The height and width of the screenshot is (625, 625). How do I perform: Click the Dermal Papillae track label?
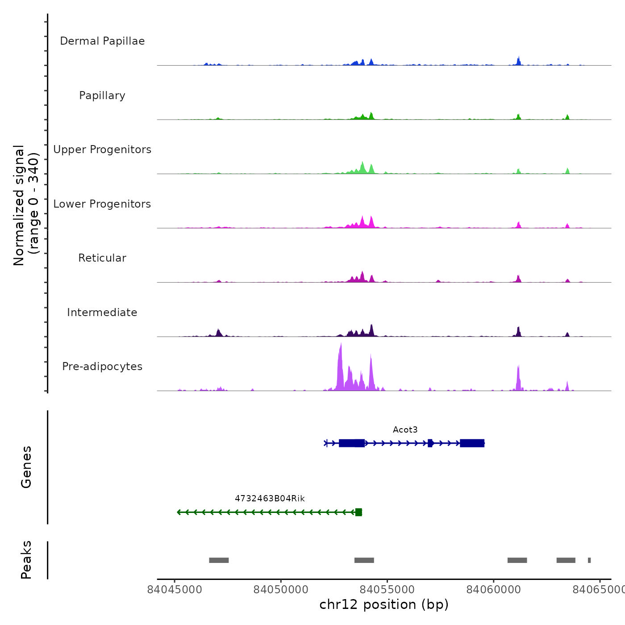[x=102, y=41]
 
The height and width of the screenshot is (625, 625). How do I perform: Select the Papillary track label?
[x=102, y=96]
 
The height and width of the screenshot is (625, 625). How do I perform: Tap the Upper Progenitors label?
[x=102, y=150]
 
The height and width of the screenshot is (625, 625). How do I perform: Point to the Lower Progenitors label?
[x=102, y=204]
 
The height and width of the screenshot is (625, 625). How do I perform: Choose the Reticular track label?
[x=102, y=258]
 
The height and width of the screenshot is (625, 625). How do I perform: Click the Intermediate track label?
[x=102, y=312]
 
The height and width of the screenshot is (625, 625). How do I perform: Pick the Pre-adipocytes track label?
[x=102, y=367]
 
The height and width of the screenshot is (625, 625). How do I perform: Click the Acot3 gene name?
[x=405, y=429]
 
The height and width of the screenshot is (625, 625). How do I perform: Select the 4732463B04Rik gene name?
[x=270, y=498]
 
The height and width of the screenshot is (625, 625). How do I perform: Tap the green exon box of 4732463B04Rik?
[x=358, y=512]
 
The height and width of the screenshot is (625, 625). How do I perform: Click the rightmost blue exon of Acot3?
[x=472, y=443]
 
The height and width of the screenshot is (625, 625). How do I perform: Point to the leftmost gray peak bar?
[x=219, y=560]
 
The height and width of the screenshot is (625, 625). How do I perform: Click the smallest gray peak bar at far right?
[x=589, y=560]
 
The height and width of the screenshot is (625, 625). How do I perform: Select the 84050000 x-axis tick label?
[x=281, y=590]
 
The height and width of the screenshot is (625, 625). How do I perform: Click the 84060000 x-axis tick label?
[x=494, y=590]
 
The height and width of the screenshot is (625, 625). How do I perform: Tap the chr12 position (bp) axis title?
[x=384, y=604]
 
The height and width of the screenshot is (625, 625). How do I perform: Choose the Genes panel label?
[x=26, y=467]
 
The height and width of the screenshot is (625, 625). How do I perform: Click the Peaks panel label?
[x=26, y=560]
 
